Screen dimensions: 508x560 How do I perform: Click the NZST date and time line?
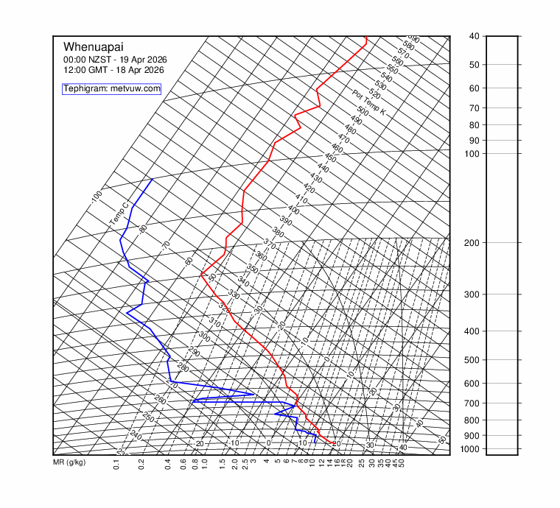click(x=113, y=59)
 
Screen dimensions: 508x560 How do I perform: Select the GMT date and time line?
click(x=113, y=70)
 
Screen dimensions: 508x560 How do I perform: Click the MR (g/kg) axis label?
click(x=69, y=462)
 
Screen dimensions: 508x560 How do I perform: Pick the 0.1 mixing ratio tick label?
click(x=117, y=465)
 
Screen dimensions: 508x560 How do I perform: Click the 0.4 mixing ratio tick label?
click(x=168, y=465)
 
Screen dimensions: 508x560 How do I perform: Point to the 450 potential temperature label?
click(x=330, y=158)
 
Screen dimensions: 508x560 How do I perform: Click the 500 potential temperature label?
click(x=363, y=111)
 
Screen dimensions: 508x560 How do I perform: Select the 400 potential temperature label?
click(x=293, y=211)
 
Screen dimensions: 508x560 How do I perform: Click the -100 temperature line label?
click(x=97, y=197)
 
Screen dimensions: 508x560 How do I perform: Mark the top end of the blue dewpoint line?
click(x=153, y=179)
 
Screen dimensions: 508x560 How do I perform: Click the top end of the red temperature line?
click(x=365, y=37)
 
